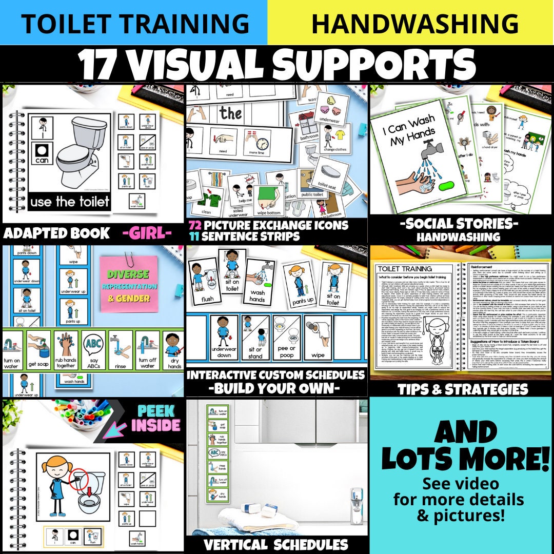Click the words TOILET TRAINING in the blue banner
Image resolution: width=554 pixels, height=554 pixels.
pos(134,23)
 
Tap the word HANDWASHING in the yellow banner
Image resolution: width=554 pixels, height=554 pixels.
pos(414,23)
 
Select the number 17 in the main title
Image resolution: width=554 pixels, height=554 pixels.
pos(101,65)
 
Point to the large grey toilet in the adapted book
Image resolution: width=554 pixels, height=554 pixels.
pos(84,154)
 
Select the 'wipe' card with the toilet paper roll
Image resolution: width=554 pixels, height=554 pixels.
pos(318,336)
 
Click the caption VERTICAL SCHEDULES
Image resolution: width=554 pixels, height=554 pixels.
pos(276,544)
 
